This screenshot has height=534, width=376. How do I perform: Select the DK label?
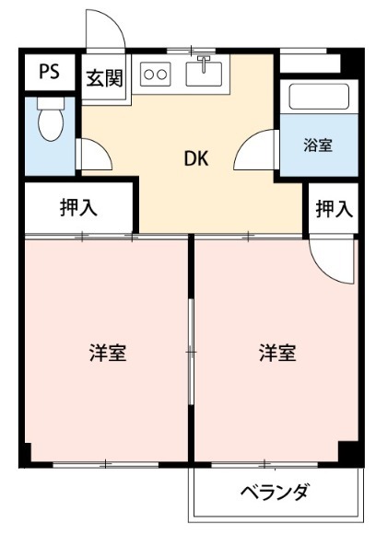point(195,158)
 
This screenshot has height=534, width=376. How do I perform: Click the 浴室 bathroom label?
point(319,145)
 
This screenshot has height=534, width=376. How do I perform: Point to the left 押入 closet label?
point(79,208)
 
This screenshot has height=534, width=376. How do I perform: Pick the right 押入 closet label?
point(334,209)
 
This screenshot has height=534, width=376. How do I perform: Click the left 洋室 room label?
point(108,353)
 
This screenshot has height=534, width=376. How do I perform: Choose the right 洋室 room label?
point(276,353)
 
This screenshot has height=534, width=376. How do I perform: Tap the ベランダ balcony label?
point(275,493)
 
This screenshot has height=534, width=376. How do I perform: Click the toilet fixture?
point(50,119)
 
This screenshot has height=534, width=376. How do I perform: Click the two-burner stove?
point(156,74)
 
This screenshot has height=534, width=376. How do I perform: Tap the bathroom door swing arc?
point(256,152)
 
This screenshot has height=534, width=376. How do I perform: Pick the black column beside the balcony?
point(349,453)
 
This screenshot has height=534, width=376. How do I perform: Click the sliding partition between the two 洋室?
point(191,352)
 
